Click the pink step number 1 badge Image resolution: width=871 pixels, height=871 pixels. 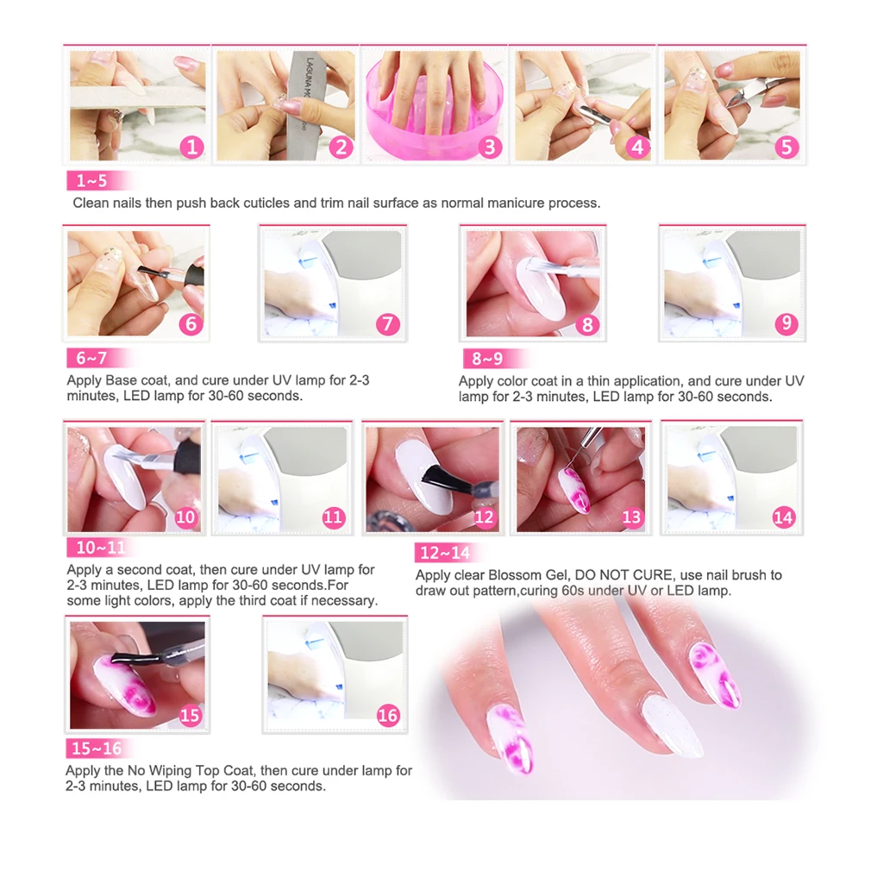191,147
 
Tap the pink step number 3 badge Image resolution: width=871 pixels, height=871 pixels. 489,147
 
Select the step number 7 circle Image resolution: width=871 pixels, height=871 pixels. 388,324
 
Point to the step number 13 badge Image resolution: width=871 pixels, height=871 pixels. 631,517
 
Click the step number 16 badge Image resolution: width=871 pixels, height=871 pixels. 388,716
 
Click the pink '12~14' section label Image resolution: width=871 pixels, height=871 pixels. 446,553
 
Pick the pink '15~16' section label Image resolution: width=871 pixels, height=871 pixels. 97,749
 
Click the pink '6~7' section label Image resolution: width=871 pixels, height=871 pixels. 92,358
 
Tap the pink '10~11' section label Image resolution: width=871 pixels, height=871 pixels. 101,548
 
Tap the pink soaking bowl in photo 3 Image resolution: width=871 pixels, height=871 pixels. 435,123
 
